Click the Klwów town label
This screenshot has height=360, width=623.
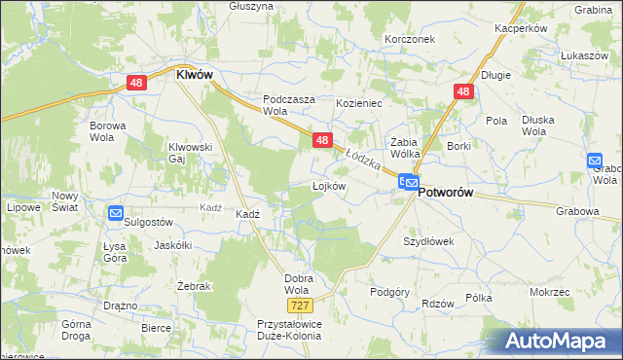(x=194, y=73)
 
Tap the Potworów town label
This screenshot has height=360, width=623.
(x=445, y=193)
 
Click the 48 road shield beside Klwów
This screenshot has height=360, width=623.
(x=136, y=85)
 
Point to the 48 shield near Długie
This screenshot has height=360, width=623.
(x=462, y=92)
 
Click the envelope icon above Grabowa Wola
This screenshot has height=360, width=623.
(x=596, y=161)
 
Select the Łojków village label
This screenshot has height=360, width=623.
(x=329, y=186)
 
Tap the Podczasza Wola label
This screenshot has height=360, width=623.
(x=288, y=105)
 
